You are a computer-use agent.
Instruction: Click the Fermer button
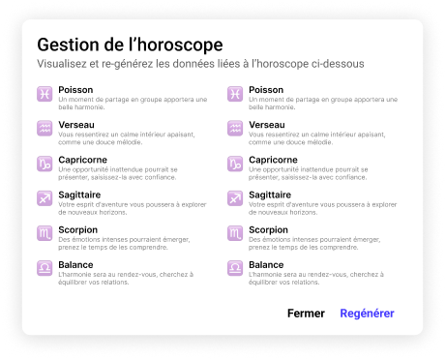point(306,313)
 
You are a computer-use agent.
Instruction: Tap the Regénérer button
point(367,313)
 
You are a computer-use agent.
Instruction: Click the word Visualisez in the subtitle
point(67,65)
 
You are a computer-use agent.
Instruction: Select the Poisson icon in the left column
point(45,94)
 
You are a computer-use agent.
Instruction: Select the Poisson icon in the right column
point(235,94)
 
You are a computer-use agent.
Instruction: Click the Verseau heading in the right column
point(267,125)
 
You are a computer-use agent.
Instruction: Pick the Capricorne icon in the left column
point(45,164)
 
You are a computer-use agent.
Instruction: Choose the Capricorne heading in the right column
point(273,160)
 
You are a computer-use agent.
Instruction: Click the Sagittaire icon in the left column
point(45,198)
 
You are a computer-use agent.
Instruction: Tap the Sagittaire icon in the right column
point(235,198)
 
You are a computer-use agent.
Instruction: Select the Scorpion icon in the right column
point(235,233)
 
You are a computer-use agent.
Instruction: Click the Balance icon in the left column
point(45,268)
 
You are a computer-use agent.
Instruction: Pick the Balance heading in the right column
point(266,264)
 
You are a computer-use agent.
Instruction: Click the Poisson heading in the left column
point(76,90)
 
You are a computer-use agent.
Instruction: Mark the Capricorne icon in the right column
point(235,164)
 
